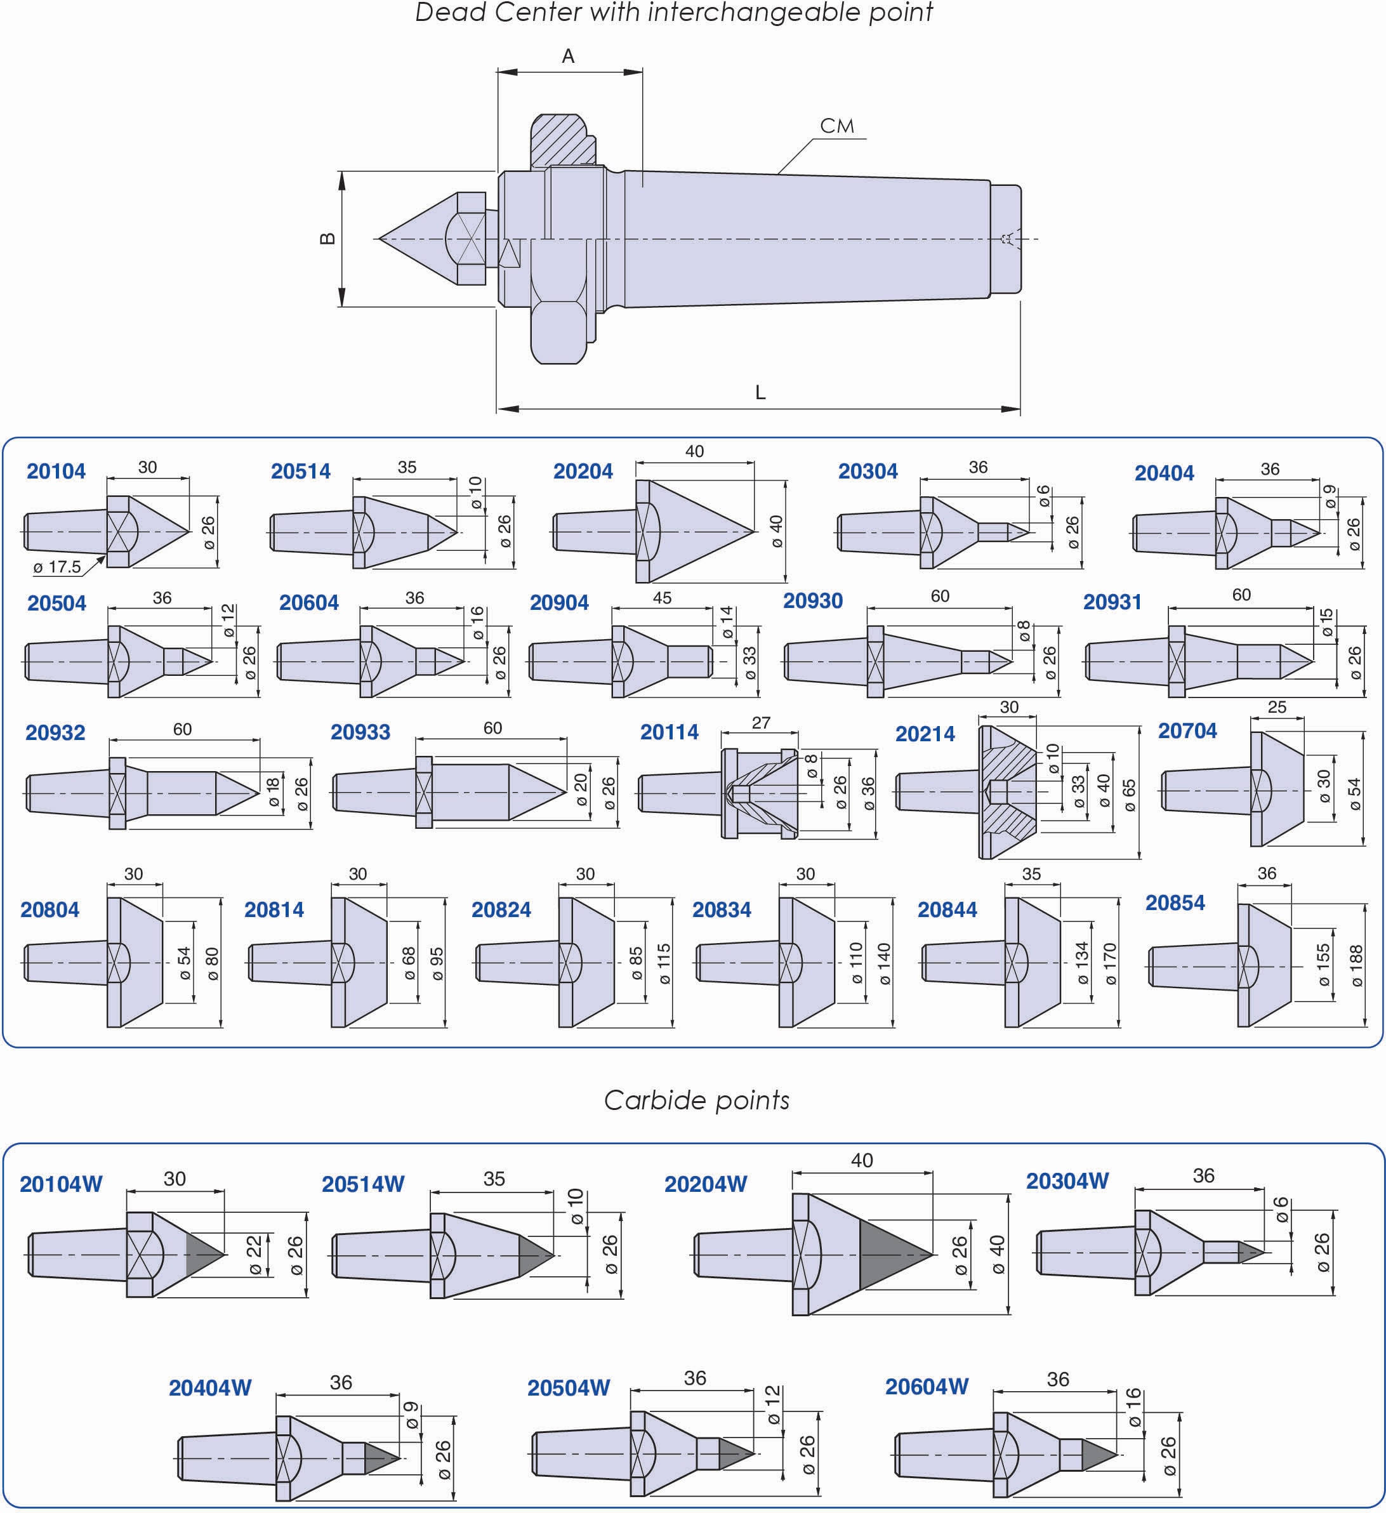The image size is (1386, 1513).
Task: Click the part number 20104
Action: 56,472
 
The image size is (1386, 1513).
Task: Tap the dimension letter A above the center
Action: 568,56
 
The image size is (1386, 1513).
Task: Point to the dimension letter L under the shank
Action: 760,392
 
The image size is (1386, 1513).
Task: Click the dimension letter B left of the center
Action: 327,239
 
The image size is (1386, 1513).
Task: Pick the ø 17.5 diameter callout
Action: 57,567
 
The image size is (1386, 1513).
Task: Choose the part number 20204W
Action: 706,1184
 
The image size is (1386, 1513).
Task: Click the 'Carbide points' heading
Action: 696,1100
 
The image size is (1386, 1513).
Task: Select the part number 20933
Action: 360,732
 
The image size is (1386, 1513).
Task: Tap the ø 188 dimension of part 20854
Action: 1356,966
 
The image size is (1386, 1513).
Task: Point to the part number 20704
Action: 1187,730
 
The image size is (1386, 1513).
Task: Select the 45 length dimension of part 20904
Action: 662,598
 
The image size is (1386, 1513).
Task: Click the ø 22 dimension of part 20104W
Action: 255,1255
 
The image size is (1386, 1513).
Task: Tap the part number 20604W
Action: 927,1386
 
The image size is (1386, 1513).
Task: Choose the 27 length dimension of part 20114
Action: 761,723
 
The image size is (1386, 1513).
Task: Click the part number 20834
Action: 722,909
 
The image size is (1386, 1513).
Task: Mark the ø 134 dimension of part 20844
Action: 1081,963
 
